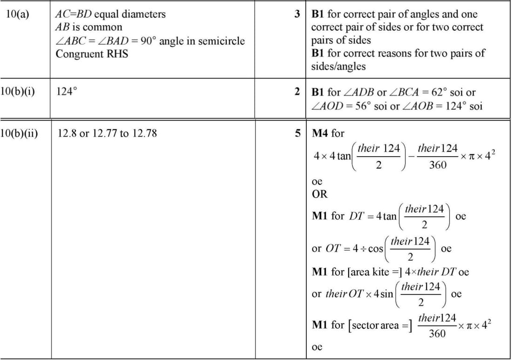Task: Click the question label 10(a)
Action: (18, 14)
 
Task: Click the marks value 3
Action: (297, 14)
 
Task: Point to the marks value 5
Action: (297, 133)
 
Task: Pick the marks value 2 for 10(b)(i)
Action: (297, 92)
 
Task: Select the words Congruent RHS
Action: (92, 54)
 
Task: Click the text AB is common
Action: (88, 27)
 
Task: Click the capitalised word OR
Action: (319, 193)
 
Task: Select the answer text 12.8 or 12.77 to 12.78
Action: (107, 133)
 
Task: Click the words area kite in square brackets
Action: (363, 272)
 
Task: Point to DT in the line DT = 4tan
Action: (356, 216)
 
